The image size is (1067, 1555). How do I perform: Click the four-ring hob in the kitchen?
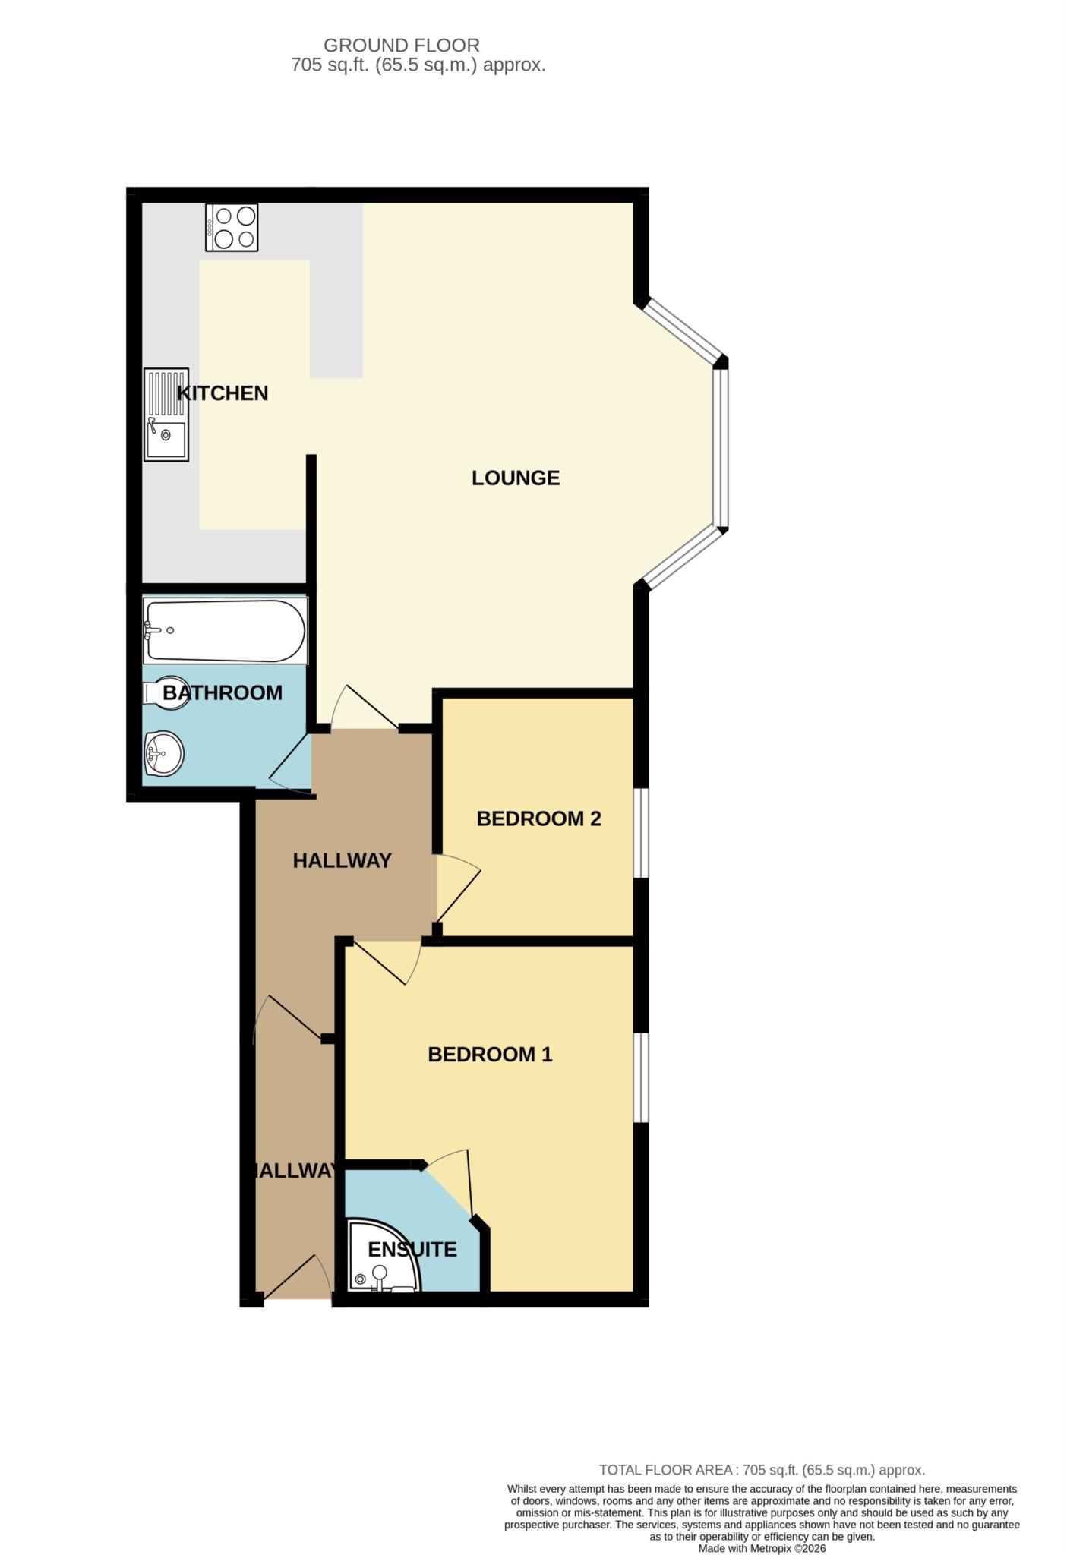coord(232,227)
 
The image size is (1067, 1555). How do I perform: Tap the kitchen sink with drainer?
coord(166,414)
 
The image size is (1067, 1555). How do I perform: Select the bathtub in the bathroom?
coord(226,631)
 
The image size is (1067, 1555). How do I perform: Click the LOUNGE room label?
coord(516,478)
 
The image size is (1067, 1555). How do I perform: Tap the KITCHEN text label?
coord(223,393)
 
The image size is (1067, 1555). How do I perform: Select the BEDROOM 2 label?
coord(538,819)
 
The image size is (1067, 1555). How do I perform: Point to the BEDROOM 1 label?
coord(490,1054)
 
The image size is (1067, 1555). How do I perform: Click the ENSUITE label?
coord(412,1249)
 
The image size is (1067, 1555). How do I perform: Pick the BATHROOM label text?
coord(223,692)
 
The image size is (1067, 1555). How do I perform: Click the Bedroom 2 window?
coord(641,833)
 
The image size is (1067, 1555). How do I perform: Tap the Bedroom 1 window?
coord(641,1077)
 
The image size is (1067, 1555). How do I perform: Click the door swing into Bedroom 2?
coord(459,888)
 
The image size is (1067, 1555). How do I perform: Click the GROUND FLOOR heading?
coord(402,46)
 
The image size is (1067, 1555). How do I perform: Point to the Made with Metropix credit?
coord(762,1548)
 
